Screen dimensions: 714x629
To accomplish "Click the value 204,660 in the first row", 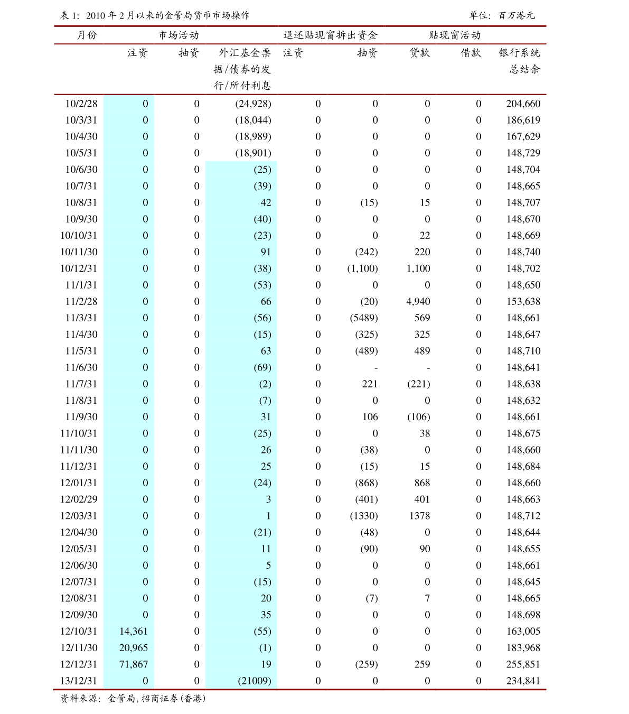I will click(523, 104).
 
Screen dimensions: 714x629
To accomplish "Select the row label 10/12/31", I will click(79, 268).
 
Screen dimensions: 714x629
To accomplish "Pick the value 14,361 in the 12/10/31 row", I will click(134, 632).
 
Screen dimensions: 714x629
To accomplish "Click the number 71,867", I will click(134, 664).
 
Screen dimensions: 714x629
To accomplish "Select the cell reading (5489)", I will click(363, 318).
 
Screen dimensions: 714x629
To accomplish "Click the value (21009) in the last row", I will click(254, 681).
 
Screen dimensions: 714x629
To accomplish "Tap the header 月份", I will click(87, 35).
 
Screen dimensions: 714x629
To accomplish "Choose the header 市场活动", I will click(179, 35).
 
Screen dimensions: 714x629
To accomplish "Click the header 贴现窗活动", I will click(455, 35).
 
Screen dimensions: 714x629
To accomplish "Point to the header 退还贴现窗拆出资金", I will click(330, 35).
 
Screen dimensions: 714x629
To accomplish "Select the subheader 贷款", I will click(420, 53).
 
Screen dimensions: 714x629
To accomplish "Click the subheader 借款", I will click(471, 53).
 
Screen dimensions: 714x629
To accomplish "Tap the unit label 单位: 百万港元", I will click(502, 16).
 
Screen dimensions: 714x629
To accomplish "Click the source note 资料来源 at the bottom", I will click(133, 699).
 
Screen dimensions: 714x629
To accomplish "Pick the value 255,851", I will click(523, 664).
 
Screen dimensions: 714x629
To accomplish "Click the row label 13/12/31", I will click(79, 681).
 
